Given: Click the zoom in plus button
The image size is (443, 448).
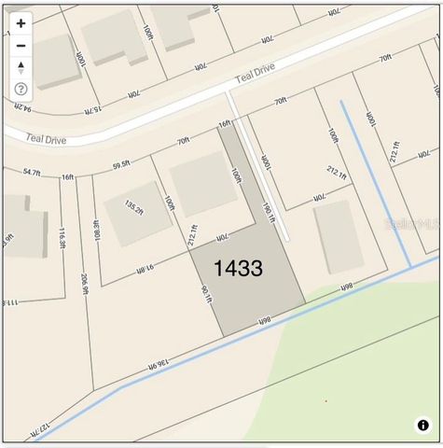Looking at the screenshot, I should point(21,23).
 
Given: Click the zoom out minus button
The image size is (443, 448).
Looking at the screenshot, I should point(21,45).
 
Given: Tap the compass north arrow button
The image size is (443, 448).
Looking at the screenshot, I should point(21,67).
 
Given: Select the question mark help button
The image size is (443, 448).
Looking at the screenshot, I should point(21,89).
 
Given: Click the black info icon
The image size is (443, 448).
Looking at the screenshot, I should point(423,425).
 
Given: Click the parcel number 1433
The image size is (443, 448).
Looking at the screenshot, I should point(238,270).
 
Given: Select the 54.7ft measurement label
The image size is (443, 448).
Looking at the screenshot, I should point(32,173).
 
